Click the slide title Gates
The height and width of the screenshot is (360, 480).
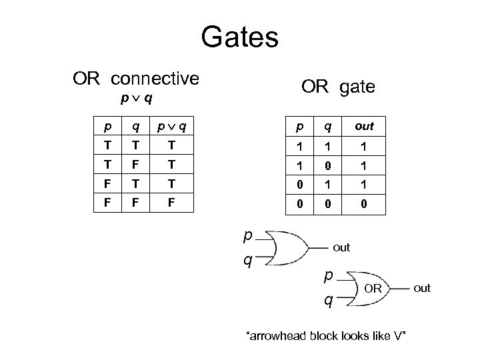click(x=239, y=37)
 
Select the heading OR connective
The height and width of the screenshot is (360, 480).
click(x=136, y=79)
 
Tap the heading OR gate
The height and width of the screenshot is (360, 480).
click(x=338, y=87)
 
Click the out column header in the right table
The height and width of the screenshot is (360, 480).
click(x=364, y=126)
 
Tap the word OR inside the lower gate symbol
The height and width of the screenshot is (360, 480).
click(x=373, y=288)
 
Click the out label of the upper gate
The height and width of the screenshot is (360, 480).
click(x=341, y=247)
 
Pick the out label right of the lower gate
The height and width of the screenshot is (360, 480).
click(x=422, y=288)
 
